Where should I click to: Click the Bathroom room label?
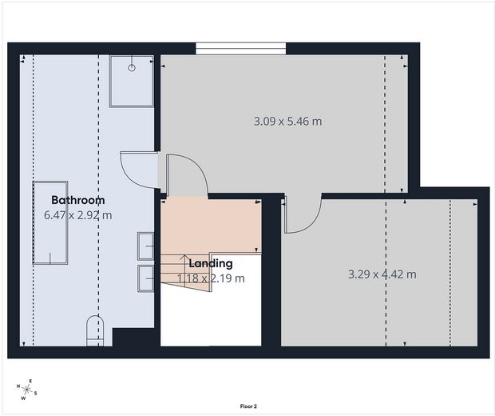click(78, 200)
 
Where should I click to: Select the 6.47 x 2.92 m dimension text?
click(78, 215)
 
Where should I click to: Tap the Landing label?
click(211, 263)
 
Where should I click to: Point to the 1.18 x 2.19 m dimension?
click(211, 278)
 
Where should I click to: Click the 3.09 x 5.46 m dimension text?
click(287, 121)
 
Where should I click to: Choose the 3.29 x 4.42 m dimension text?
click(382, 274)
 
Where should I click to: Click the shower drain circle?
click(132, 68)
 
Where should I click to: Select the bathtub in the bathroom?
click(50, 222)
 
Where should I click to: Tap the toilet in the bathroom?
click(95, 330)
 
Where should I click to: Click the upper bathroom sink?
click(146, 246)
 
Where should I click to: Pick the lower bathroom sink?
click(146, 278)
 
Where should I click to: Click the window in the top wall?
click(241, 49)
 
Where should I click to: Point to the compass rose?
click(27, 390)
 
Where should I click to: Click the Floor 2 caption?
click(248, 406)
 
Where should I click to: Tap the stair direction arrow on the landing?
click(185, 271)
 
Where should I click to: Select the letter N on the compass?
click(18, 386)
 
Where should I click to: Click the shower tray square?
click(132, 82)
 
